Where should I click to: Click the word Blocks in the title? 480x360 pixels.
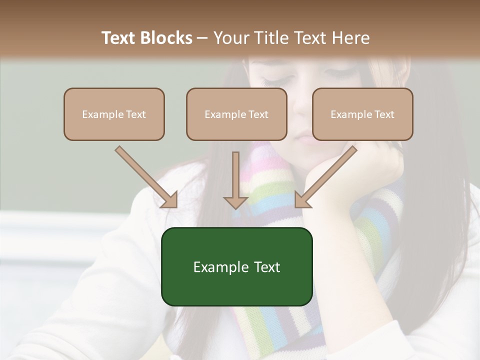click(x=167, y=38)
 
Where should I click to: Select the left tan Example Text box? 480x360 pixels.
click(x=114, y=114)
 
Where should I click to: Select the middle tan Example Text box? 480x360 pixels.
click(x=236, y=114)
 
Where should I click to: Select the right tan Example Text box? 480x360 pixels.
click(x=362, y=114)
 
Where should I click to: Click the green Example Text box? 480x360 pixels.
click(x=236, y=266)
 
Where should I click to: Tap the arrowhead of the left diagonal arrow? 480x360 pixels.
click(x=170, y=200)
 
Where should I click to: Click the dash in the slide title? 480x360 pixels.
click(x=202, y=38)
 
